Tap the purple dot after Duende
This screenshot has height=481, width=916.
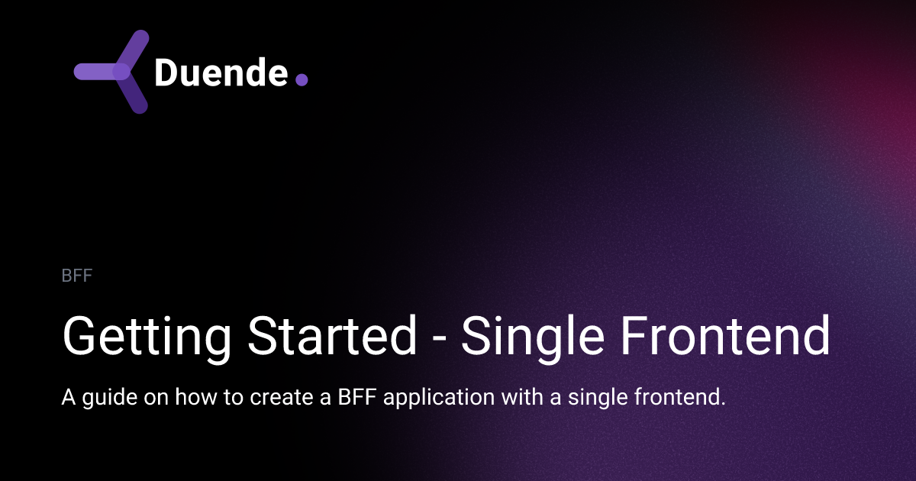tap(302, 79)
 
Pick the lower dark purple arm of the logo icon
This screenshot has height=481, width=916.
tap(134, 95)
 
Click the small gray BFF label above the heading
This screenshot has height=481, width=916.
tap(76, 276)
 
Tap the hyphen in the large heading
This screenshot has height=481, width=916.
tap(439, 337)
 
